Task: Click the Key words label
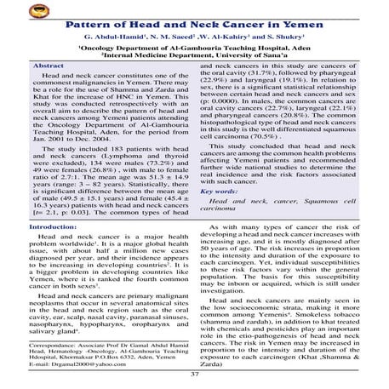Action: click(224, 193)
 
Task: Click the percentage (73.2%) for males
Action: click(156, 169)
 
